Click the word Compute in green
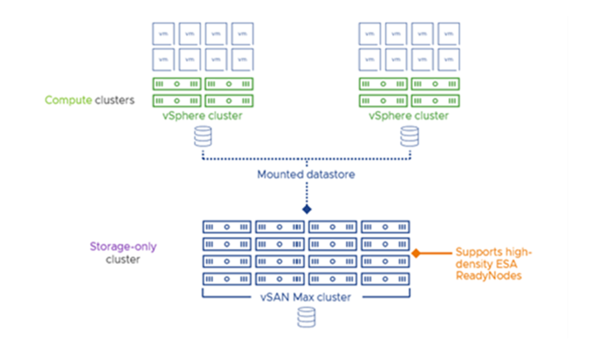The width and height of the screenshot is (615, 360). click(68, 100)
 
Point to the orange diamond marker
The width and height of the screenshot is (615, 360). click(415, 254)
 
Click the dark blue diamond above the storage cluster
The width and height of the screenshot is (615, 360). click(307, 210)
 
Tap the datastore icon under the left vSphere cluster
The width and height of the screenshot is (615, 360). click(203, 138)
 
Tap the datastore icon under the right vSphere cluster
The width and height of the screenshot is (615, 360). click(410, 138)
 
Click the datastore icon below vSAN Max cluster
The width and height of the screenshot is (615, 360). click(307, 317)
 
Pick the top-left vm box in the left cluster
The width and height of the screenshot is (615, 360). click(163, 34)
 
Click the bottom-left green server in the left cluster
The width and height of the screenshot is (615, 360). click(177, 100)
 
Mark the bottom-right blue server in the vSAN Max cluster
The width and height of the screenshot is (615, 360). click(386, 279)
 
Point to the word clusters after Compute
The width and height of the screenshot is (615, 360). click(114, 100)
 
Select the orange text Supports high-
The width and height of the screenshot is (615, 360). click(494, 252)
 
